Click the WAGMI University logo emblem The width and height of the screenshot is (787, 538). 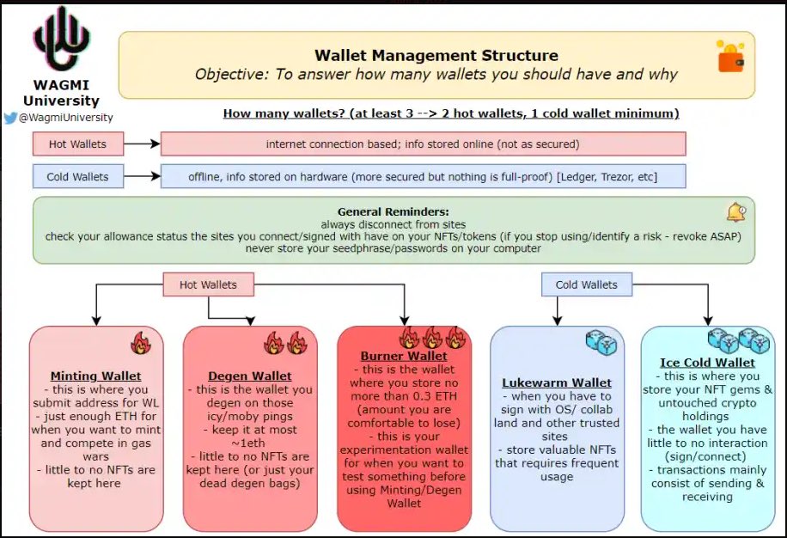(61, 40)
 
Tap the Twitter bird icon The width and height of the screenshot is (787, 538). (10, 118)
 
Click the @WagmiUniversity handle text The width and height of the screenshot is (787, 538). (66, 118)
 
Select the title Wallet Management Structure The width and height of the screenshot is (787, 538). (436, 55)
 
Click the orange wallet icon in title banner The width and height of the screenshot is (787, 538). (730, 57)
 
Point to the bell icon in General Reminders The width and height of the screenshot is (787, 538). (736, 211)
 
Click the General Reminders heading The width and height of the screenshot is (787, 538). (393, 211)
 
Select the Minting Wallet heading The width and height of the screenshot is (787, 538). (96, 376)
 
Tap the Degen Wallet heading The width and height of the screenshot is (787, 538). (250, 376)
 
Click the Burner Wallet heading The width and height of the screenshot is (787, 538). (404, 356)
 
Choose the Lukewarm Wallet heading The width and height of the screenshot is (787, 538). (557, 382)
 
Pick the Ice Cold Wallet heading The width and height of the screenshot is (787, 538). (707, 363)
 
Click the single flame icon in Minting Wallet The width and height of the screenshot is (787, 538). (141, 343)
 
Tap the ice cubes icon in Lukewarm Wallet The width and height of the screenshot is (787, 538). (601, 343)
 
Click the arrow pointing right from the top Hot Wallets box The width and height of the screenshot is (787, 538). (142, 144)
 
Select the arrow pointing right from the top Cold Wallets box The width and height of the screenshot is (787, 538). (142, 176)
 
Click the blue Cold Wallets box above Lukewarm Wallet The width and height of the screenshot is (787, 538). (587, 284)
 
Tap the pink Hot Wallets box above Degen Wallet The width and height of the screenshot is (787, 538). (208, 284)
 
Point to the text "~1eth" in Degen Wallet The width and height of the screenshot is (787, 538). (248, 443)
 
